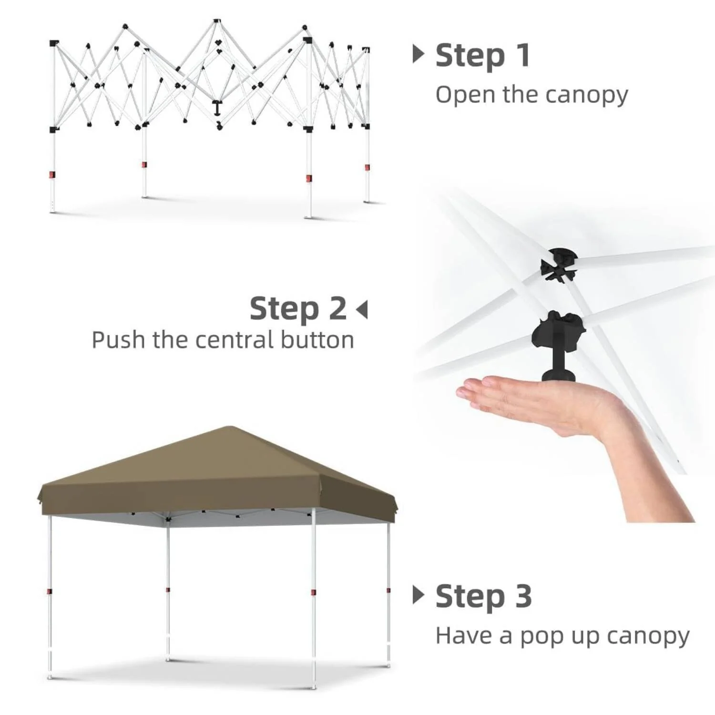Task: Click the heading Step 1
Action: click(482, 55)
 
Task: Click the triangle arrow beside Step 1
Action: click(418, 54)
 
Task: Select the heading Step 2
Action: click(298, 308)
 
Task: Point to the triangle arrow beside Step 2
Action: click(362, 309)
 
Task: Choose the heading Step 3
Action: click(483, 596)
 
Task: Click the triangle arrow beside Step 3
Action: click(418, 595)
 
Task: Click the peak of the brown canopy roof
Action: click(230, 427)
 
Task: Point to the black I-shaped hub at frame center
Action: click(217, 108)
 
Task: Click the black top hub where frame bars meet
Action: click(559, 265)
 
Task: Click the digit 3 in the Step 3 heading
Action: click(522, 596)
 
